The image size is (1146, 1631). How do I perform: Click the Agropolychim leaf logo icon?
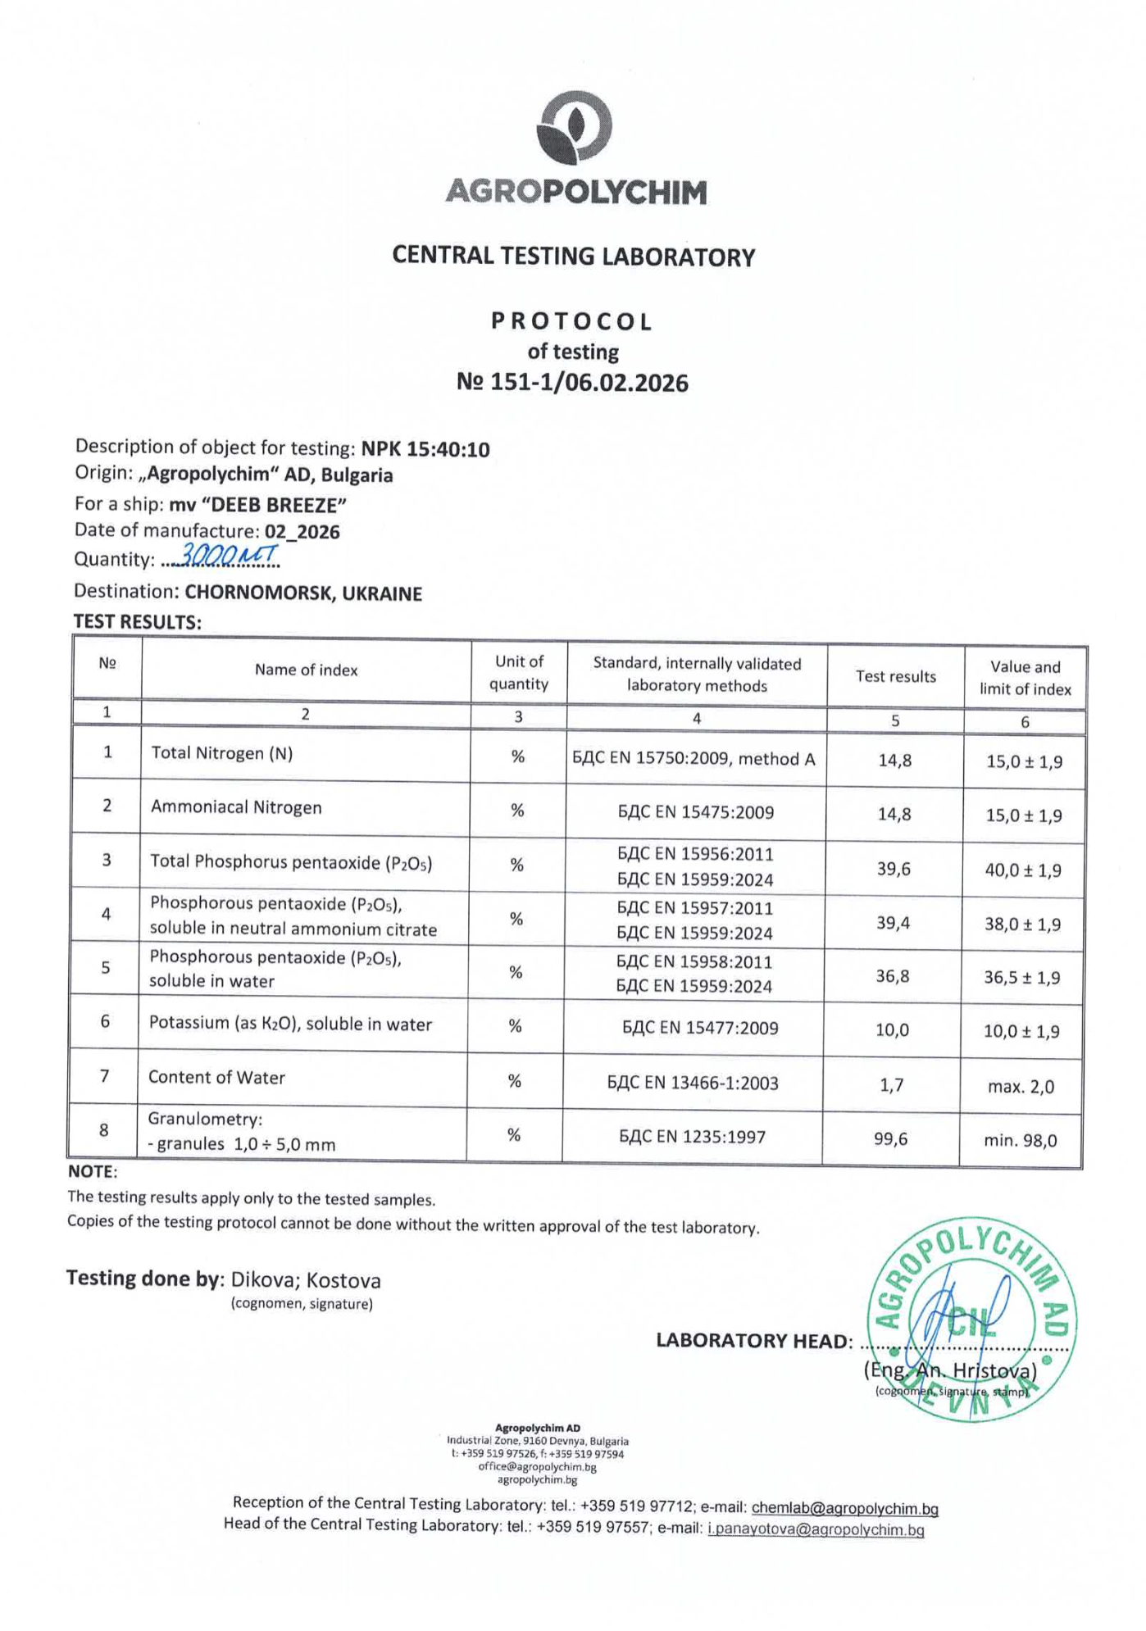coord(574,127)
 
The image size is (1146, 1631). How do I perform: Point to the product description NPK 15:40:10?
coord(425,449)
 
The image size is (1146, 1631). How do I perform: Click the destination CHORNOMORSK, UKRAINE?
coord(303,593)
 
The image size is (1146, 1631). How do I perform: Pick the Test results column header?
coord(895,676)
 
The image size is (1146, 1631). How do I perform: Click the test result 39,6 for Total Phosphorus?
coord(894,869)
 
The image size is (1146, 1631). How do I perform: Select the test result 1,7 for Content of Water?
coord(891,1085)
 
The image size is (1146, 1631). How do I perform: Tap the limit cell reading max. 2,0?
coord(1021,1087)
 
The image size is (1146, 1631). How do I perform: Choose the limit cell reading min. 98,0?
coord(1020,1140)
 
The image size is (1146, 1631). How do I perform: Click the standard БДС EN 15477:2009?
coord(700,1029)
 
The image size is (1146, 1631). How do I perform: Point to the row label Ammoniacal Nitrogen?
coord(236,807)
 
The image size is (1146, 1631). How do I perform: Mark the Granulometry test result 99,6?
coord(890,1138)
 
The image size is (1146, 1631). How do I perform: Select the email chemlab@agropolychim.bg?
coord(844,1508)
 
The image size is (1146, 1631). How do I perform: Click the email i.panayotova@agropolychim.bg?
coord(816,1529)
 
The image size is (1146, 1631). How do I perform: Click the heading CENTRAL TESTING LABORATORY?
coord(573,257)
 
